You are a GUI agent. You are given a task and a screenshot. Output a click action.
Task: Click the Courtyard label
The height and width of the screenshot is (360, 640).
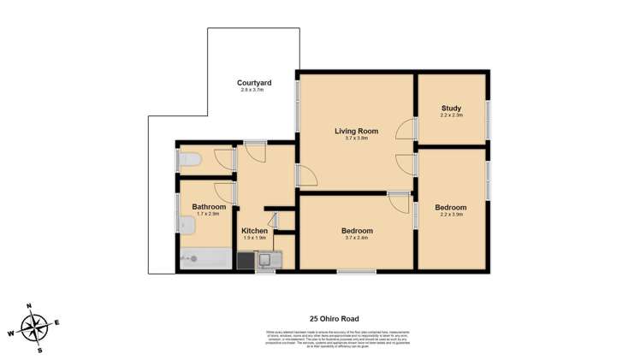point(254,83)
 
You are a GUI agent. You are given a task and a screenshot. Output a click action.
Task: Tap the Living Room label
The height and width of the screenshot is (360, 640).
point(355,130)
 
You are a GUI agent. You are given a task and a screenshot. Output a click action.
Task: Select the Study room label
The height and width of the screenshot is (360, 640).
point(451,109)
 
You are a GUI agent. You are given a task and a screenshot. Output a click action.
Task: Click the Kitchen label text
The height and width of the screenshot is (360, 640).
point(254,231)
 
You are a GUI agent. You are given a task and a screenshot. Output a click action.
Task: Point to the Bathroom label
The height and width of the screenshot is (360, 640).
point(209,206)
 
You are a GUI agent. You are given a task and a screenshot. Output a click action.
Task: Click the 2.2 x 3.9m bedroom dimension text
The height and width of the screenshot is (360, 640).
point(451,215)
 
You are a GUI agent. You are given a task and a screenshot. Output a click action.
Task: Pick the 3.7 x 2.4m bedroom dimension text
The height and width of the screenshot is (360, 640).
point(357,238)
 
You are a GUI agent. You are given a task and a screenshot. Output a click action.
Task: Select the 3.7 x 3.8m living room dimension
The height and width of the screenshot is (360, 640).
point(355,138)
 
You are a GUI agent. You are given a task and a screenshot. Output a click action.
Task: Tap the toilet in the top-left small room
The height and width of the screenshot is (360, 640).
point(189,159)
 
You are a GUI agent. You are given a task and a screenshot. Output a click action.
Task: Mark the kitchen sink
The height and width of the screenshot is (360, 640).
point(269,259)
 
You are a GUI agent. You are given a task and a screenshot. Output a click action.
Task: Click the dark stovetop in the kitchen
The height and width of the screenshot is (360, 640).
point(246,260)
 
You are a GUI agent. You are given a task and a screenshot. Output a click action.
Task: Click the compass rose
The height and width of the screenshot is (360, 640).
point(35,326)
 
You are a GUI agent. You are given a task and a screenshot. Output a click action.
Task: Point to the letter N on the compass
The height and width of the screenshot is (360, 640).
point(28,305)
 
